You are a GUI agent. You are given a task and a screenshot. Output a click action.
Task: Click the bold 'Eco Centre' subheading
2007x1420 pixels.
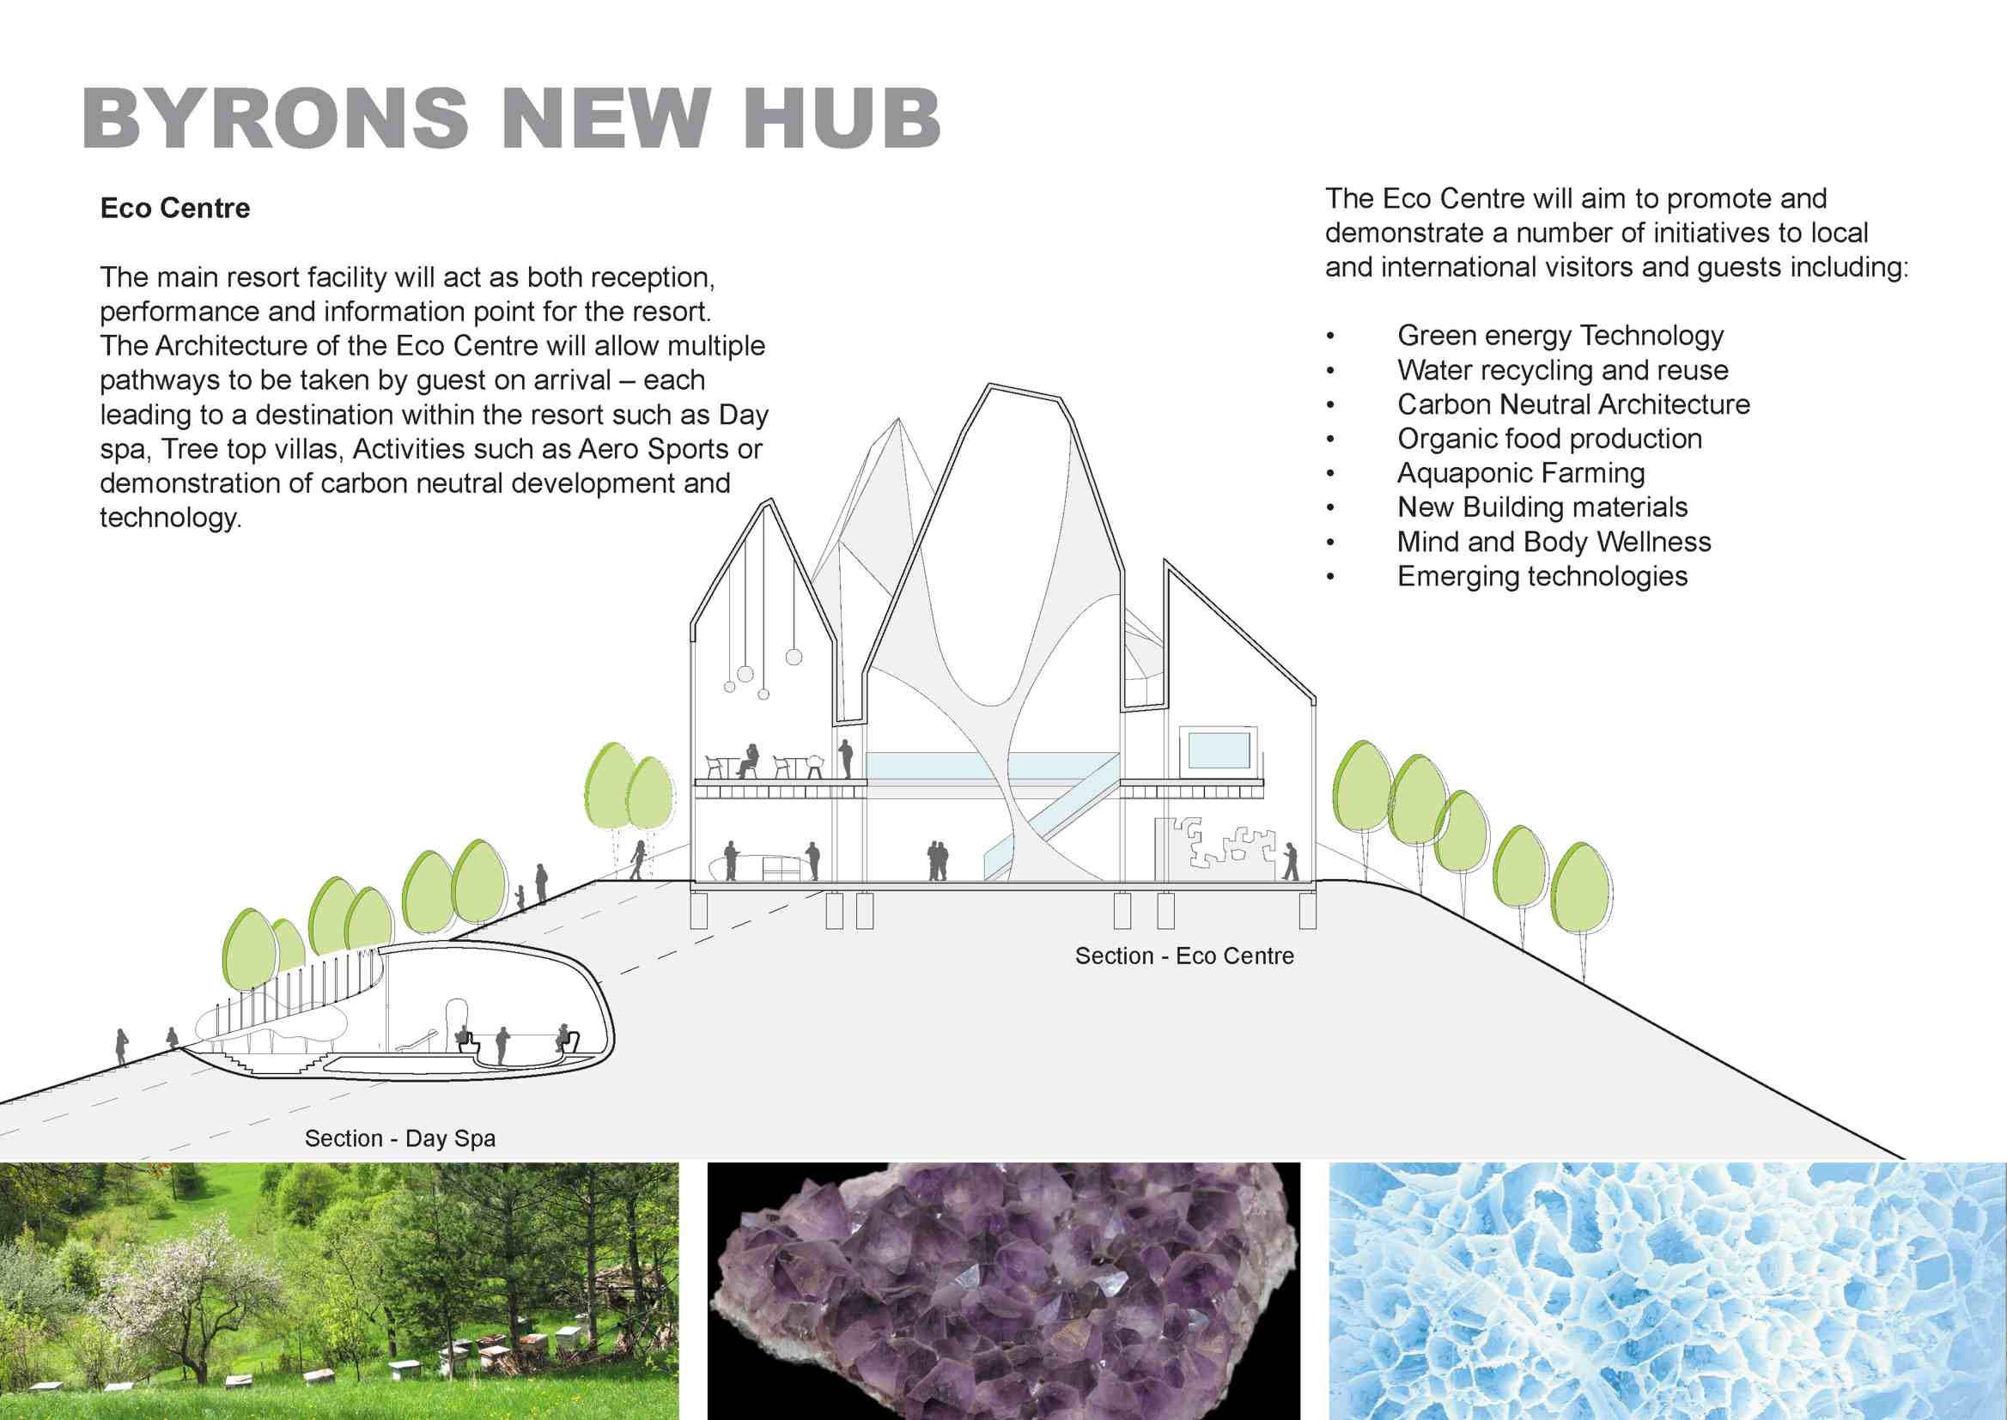(x=175, y=208)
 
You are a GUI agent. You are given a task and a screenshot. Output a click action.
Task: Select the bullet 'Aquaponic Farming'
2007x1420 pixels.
(x=1521, y=473)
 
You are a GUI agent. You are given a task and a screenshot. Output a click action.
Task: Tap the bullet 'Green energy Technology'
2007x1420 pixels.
(x=1560, y=336)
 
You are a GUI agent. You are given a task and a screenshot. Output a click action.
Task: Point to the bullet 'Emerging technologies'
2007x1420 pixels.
(x=1542, y=576)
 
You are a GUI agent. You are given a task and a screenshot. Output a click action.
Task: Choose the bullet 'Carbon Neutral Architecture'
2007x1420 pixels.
(x=1573, y=404)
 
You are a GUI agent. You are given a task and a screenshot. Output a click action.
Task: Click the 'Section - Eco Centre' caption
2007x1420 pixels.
(x=1184, y=956)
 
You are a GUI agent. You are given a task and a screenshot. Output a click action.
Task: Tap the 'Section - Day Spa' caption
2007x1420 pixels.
(x=399, y=1138)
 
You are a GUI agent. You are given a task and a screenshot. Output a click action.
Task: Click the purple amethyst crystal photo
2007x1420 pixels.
(x=1003, y=1290)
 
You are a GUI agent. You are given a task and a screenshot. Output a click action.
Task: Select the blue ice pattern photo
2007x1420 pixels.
(x=1668, y=1290)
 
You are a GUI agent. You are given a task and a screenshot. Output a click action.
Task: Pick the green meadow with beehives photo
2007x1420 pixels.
(x=339, y=1290)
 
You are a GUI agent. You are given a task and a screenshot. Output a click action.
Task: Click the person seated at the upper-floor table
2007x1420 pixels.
(x=748, y=760)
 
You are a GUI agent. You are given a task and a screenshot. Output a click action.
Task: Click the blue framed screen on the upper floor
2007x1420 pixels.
(x=1219, y=750)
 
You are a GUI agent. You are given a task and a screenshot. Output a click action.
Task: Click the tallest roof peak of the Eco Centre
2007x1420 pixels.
(x=991, y=385)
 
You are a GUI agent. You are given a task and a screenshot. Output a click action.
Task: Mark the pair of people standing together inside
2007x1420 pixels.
(x=938, y=860)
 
